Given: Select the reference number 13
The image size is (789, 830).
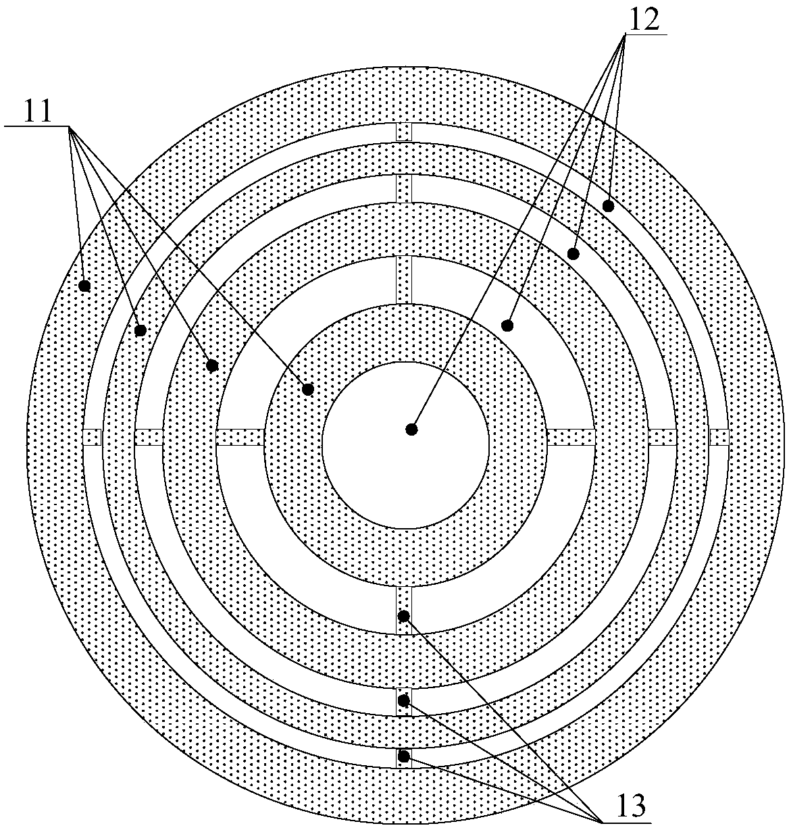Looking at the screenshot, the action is pos(630,805).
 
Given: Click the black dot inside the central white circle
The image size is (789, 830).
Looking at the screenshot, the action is pos(411,429).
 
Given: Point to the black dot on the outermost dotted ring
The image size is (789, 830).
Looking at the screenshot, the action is pos(84,286).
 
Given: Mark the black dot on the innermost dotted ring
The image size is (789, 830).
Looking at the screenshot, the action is pos(308,389).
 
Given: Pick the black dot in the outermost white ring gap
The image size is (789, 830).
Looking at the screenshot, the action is pos(608,206).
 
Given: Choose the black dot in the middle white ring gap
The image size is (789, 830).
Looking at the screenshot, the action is pos(573,254).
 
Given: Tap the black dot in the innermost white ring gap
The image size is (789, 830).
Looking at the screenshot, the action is pos(507,326).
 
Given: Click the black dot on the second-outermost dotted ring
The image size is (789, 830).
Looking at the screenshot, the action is pos(141,330).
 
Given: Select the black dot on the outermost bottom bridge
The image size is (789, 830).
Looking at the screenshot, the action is pos(404,756).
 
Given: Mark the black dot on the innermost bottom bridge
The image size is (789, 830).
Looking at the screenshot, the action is pos(404,615).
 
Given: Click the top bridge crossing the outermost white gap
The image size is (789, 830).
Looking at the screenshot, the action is pos(404,132).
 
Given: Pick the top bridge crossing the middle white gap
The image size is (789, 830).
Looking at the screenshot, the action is pos(404,188).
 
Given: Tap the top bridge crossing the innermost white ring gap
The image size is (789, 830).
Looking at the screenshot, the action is pos(404,280).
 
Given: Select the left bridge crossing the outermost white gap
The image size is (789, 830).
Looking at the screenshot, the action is pos(93,437).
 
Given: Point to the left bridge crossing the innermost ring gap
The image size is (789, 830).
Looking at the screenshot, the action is pos(240,437).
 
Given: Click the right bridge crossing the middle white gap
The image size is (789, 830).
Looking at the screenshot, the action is pos(662,437).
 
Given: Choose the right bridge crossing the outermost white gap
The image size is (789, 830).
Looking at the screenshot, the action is pos(719,437).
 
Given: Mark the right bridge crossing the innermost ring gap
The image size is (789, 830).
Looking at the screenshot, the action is pos(571,437).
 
